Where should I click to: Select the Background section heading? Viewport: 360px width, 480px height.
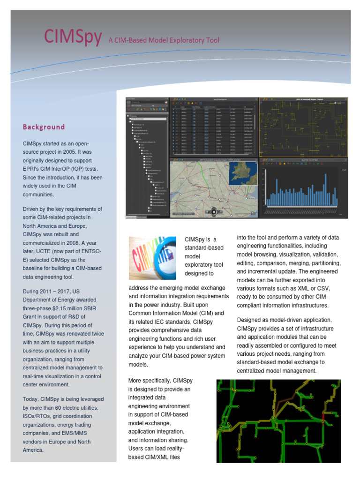(44, 127)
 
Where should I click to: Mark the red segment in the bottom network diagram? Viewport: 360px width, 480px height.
(323, 415)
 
